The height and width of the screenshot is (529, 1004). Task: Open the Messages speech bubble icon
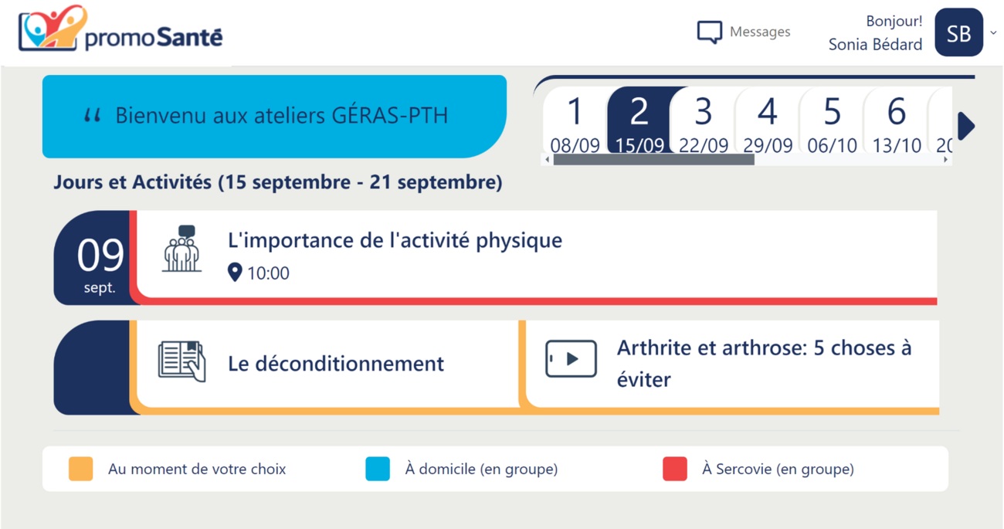coord(709,32)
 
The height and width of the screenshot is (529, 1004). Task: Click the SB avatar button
coord(958,32)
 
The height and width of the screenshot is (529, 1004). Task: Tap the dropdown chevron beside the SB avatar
coord(993,33)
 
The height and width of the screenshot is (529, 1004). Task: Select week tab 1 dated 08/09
coord(575,121)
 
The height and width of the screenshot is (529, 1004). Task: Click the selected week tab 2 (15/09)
coord(639,121)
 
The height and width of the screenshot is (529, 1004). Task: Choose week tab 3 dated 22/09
coord(703,121)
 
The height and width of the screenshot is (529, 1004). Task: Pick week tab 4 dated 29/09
coord(768,121)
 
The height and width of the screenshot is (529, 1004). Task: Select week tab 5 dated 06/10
coord(832,121)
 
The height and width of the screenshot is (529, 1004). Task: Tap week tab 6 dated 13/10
coord(896,121)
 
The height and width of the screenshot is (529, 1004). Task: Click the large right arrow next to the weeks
coord(965,126)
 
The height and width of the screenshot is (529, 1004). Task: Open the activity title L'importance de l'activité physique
coord(395,240)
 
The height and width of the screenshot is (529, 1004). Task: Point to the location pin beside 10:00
coord(235,272)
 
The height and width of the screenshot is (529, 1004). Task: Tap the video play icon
coord(571,359)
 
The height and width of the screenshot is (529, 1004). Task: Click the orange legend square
coord(81,469)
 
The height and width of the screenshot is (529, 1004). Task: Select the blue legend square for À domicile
coord(378,469)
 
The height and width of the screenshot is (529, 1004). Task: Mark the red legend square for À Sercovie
coord(675,469)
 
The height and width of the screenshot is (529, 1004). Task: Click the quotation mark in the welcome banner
coord(93,116)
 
